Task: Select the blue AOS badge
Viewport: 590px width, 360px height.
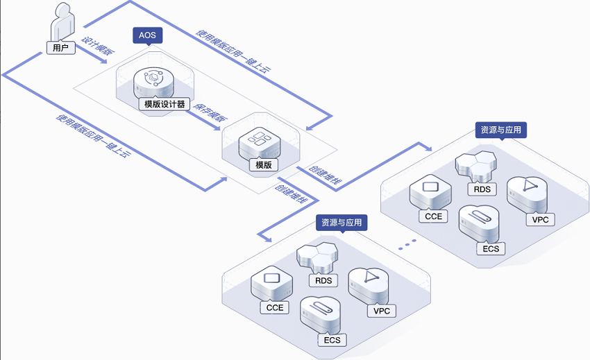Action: [147, 35]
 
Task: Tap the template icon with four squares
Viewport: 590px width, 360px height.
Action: [259, 141]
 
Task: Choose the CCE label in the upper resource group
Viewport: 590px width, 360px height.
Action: [433, 216]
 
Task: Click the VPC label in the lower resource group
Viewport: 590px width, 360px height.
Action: [382, 311]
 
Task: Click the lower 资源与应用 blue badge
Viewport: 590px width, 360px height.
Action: [342, 223]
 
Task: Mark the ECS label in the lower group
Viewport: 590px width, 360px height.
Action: [331, 340]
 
